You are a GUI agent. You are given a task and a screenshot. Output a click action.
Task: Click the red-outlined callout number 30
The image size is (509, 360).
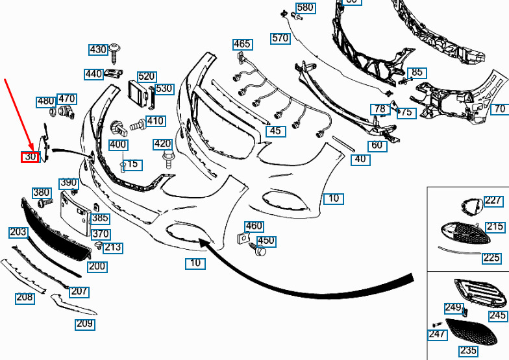pyautogui.click(x=30, y=157)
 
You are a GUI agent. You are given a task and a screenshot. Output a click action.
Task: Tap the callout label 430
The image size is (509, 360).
pyautogui.click(x=98, y=50)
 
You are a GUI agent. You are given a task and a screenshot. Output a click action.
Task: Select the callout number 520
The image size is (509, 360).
pyautogui.click(x=147, y=77)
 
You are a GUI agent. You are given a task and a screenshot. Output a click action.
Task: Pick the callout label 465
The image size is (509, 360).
pyautogui.click(x=242, y=44)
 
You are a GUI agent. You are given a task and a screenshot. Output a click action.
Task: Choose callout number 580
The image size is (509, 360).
pyautogui.click(x=304, y=8)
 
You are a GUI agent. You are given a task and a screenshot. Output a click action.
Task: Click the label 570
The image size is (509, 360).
pyautogui.click(x=280, y=38)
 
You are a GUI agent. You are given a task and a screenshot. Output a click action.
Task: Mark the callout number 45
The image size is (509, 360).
pyautogui.click(x=275, y=131)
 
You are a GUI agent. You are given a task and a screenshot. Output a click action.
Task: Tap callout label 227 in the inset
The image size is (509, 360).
pyautogui.click(x=493, y=201)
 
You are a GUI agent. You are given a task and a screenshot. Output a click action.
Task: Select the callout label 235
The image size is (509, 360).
pyautogui.click(x=468, y=350)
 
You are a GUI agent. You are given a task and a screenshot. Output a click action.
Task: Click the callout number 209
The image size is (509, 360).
pyautogui.click(x=84, y=324)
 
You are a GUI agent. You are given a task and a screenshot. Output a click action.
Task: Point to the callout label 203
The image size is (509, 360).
pyautogui.click(x=18, y=232)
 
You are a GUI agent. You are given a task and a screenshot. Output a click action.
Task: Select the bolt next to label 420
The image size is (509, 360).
pyautogui.click(x=168, y=159)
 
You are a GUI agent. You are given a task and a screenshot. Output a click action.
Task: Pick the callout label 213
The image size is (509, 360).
pyautogui.click(x=113, y=247)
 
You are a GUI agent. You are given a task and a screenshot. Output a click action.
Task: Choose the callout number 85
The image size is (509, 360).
pyautogui.click(x=417, y=73)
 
